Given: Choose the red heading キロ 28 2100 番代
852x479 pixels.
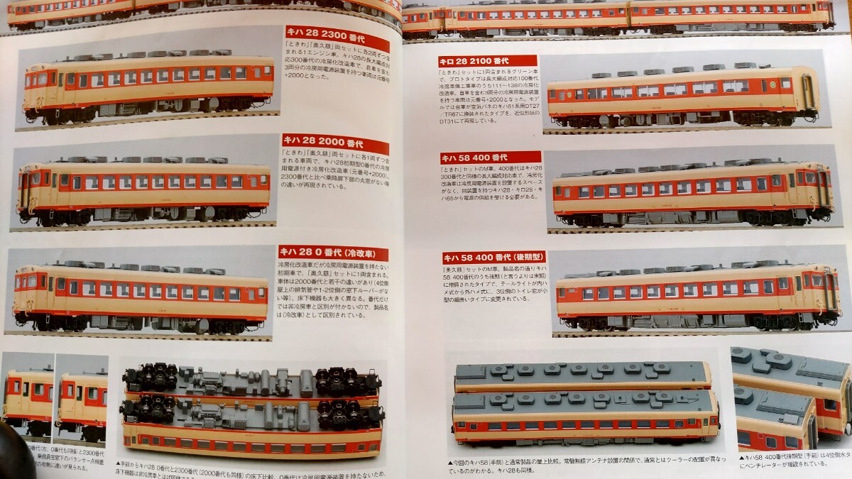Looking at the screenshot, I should pos(477,62).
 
